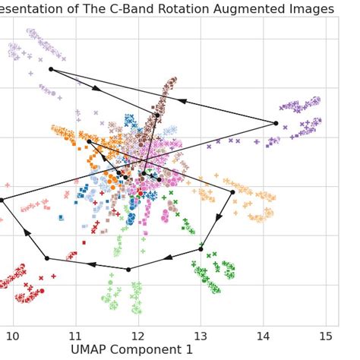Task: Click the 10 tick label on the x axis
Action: pyautogui.click(x=12, y=336)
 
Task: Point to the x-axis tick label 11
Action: pyautogui.click(x=74, y=336)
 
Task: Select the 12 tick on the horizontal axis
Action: pyautogui.click(x=137, y=336)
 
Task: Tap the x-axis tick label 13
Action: pyautogui.click(x=201, y=336)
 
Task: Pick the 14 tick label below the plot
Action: pyautogui.click(x=263, y=336)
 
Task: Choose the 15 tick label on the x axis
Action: pyautogui.click(x=326, y=336)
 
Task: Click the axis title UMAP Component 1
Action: pyautogui.click(x=131, y=350)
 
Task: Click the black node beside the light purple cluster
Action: pyautogui.click(x=51, y=69)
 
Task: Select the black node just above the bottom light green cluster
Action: pyautogui.click(x=128, y=269)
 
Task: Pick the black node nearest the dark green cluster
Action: pyautogui.click(x=201, y=248)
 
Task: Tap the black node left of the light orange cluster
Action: pyautogui.click(x=232, y=192)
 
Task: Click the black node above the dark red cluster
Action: pyautogui.click(x=46, y=258)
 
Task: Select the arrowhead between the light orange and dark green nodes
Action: pyautogui.click(x=218, y=218)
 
